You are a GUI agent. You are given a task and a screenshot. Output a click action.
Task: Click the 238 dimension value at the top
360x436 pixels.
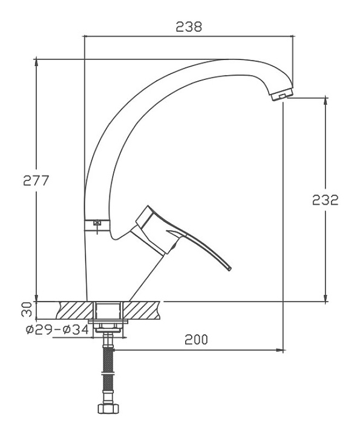point(189,27)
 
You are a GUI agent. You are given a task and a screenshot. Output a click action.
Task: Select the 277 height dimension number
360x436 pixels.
point(36,180)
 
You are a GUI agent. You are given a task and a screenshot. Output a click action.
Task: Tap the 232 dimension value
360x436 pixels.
point(326,200)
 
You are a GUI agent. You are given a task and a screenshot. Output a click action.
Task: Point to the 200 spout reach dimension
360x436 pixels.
point(196,340)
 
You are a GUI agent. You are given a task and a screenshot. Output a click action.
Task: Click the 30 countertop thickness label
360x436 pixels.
point(27,310)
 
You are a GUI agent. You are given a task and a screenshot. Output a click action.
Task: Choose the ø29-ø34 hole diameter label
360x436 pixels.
point(57,330)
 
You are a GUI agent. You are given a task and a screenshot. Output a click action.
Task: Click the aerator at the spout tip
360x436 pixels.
point(281,94)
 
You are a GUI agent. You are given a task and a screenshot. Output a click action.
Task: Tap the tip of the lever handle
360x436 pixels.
point(229,269)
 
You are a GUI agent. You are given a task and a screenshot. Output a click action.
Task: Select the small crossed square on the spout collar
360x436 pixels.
point(97,222)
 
